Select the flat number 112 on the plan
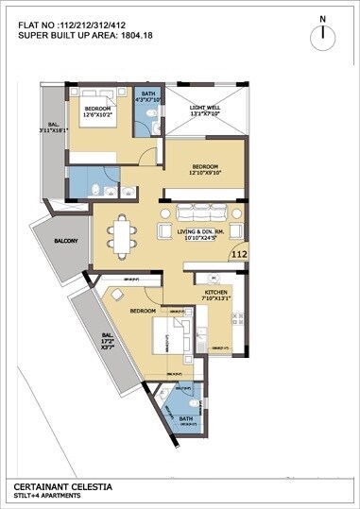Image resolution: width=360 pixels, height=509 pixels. (238, 254)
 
